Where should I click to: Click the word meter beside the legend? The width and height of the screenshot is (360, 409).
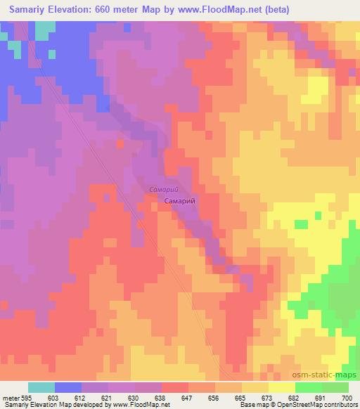tap(12, 398)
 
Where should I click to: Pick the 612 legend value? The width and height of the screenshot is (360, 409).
tap(82, 398)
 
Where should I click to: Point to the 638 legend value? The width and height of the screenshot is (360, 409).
tap(162, 398)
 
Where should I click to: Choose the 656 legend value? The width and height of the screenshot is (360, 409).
tap(215, 398)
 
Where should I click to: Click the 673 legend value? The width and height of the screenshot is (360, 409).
tap(269, 398)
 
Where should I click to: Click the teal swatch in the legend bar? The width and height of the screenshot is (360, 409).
tap(41, 387)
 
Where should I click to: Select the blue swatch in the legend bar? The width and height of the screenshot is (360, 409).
tap(68, 387)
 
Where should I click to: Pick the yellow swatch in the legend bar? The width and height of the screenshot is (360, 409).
tap(281, 387)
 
